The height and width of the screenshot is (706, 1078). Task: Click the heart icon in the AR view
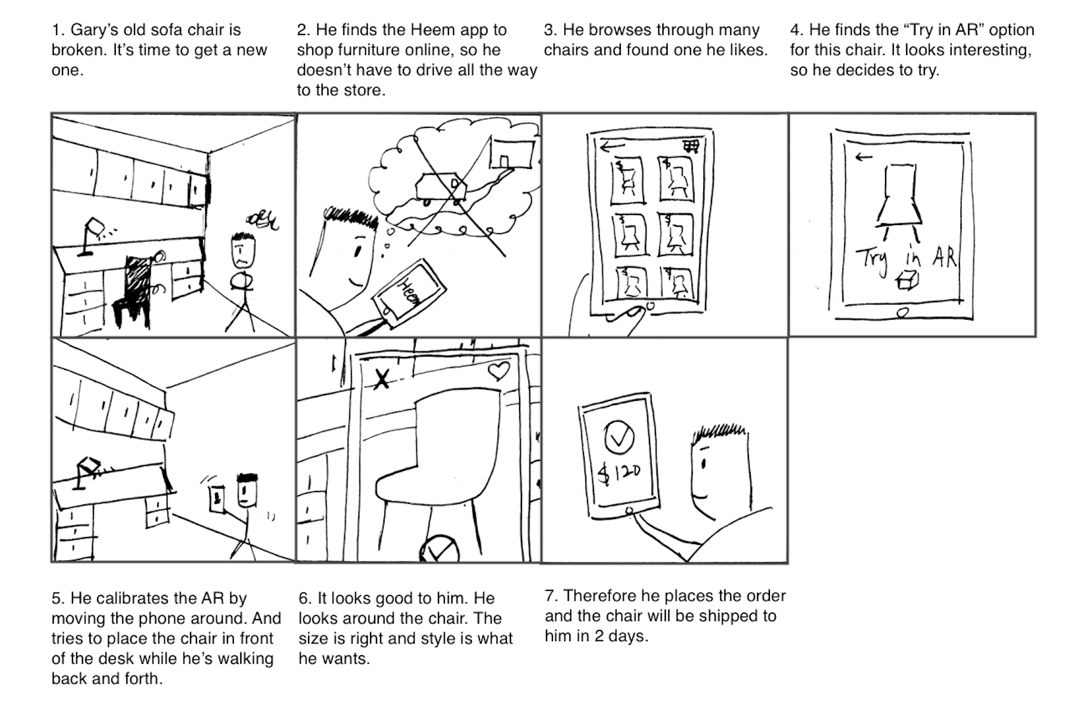pyautogui.click(x=498, y=371)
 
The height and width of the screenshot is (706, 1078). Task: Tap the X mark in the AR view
pyautogui.click(x=382, y=380)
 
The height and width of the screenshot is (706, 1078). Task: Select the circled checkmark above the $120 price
pyautogui.click(x=619, y=437)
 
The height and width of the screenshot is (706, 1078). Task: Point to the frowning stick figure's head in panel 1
pyautogui.click(x=242, y=249)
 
